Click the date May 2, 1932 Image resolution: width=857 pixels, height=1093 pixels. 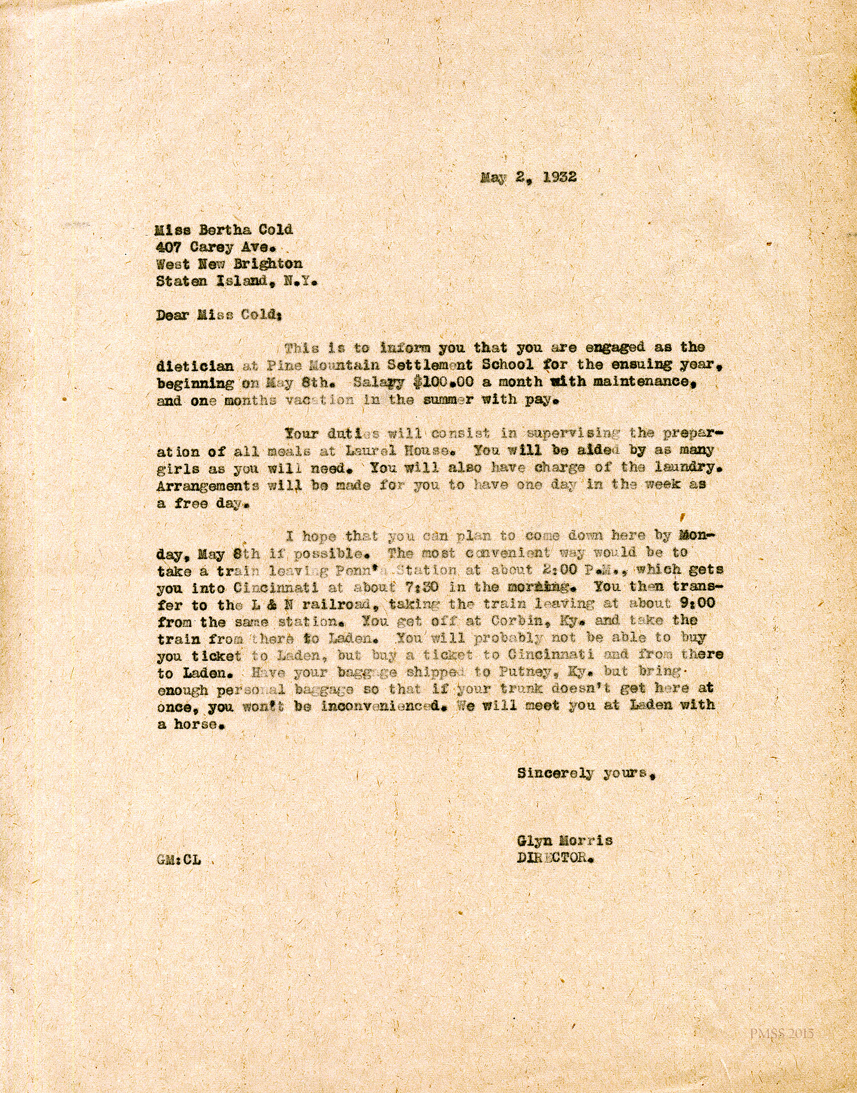[528, 177]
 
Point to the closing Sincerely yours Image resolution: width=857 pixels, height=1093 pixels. [585, 773]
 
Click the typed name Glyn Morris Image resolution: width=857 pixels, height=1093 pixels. [564, 841]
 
